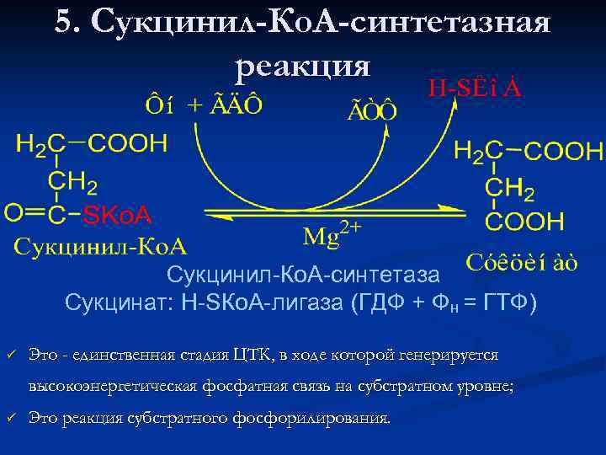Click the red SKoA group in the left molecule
click(117, 216)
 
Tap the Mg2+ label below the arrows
click(332, 234)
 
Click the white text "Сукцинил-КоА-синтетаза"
click(303, 275)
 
